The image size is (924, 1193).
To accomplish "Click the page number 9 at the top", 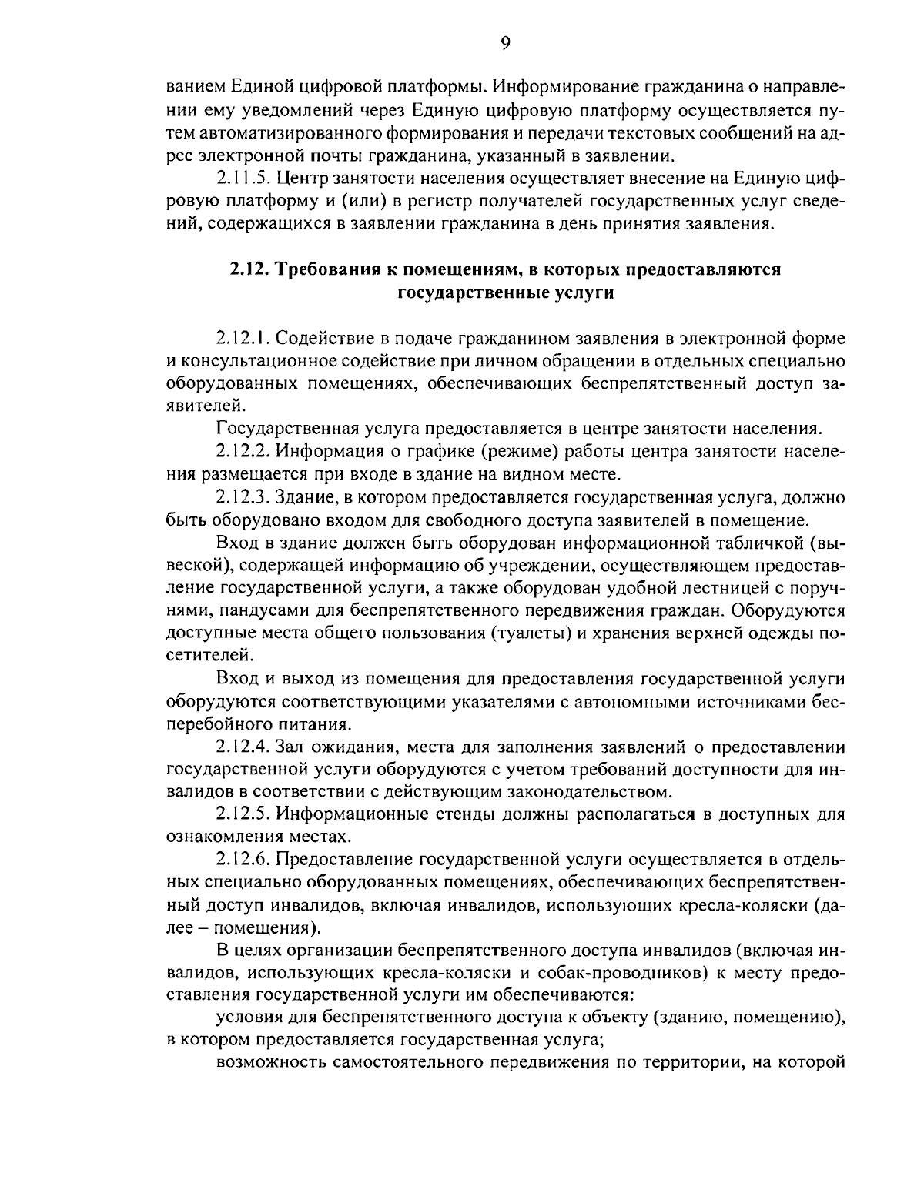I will pyautogui.click(x=505, y=44).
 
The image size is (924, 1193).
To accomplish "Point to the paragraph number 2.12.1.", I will pyautogui.click(x=244, y=339).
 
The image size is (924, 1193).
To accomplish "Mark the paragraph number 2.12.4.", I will pyautogui.click(x=245, y=747).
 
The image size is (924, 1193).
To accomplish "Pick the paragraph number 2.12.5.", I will pyautogui.click(x=245, y=814).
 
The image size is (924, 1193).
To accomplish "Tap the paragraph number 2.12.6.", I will pyautogui.click(x=245, y=860).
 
